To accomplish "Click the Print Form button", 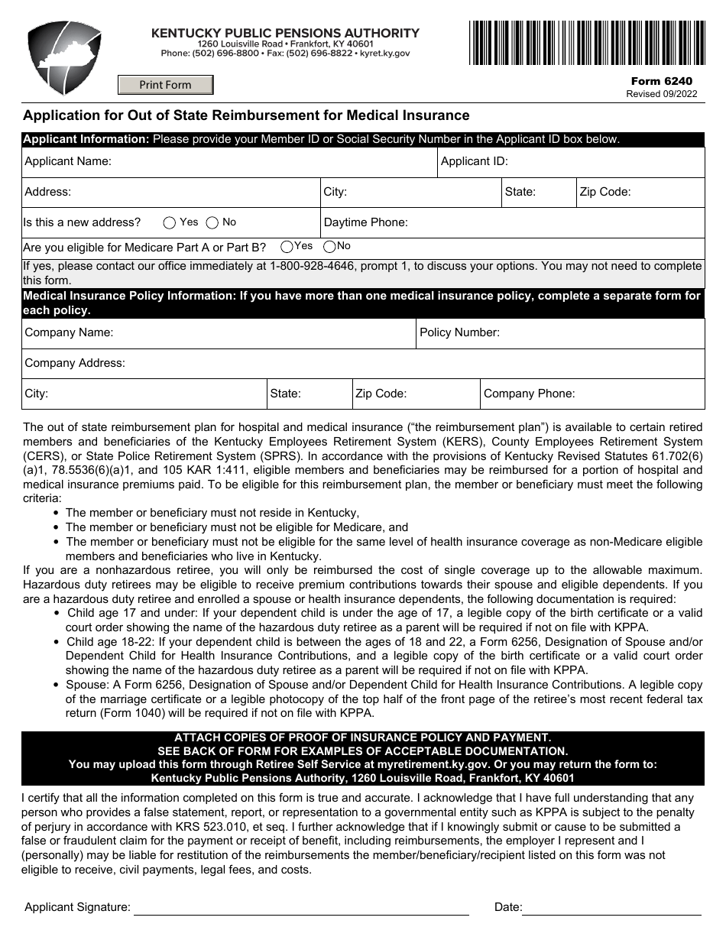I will tap(165, 85).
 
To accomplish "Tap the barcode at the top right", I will tap(586, 43).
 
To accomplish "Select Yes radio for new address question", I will tap(170, 223).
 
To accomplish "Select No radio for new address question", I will tap(212, 223).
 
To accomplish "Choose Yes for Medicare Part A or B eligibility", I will tap(287, 247).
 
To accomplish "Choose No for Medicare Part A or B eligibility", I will tap(329, 247).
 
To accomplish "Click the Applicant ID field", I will tap(604, 162).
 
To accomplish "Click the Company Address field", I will tap(413, 364).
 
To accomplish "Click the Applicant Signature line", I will tap(301, 907).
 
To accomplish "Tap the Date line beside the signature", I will tap(611, 907).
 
